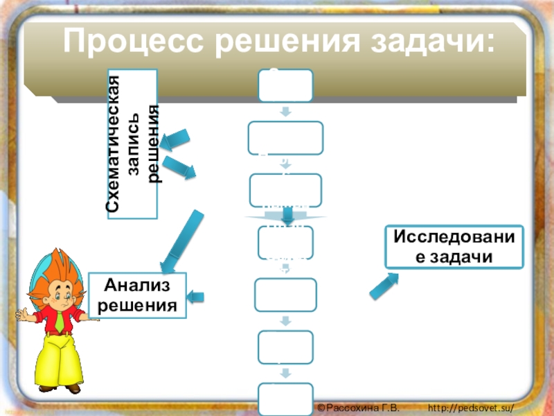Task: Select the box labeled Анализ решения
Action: [x=137, y=295]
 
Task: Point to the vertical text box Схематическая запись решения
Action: [x=132, y=144]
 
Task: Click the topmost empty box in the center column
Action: [x=285, y=85]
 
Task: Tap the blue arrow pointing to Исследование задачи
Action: [x=384, y=286]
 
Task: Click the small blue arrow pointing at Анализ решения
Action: [x=197, y=297]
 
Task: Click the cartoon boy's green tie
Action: [x=61, y=319]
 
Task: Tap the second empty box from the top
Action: [x=285, y=137]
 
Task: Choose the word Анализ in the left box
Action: [x=137, y=285]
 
